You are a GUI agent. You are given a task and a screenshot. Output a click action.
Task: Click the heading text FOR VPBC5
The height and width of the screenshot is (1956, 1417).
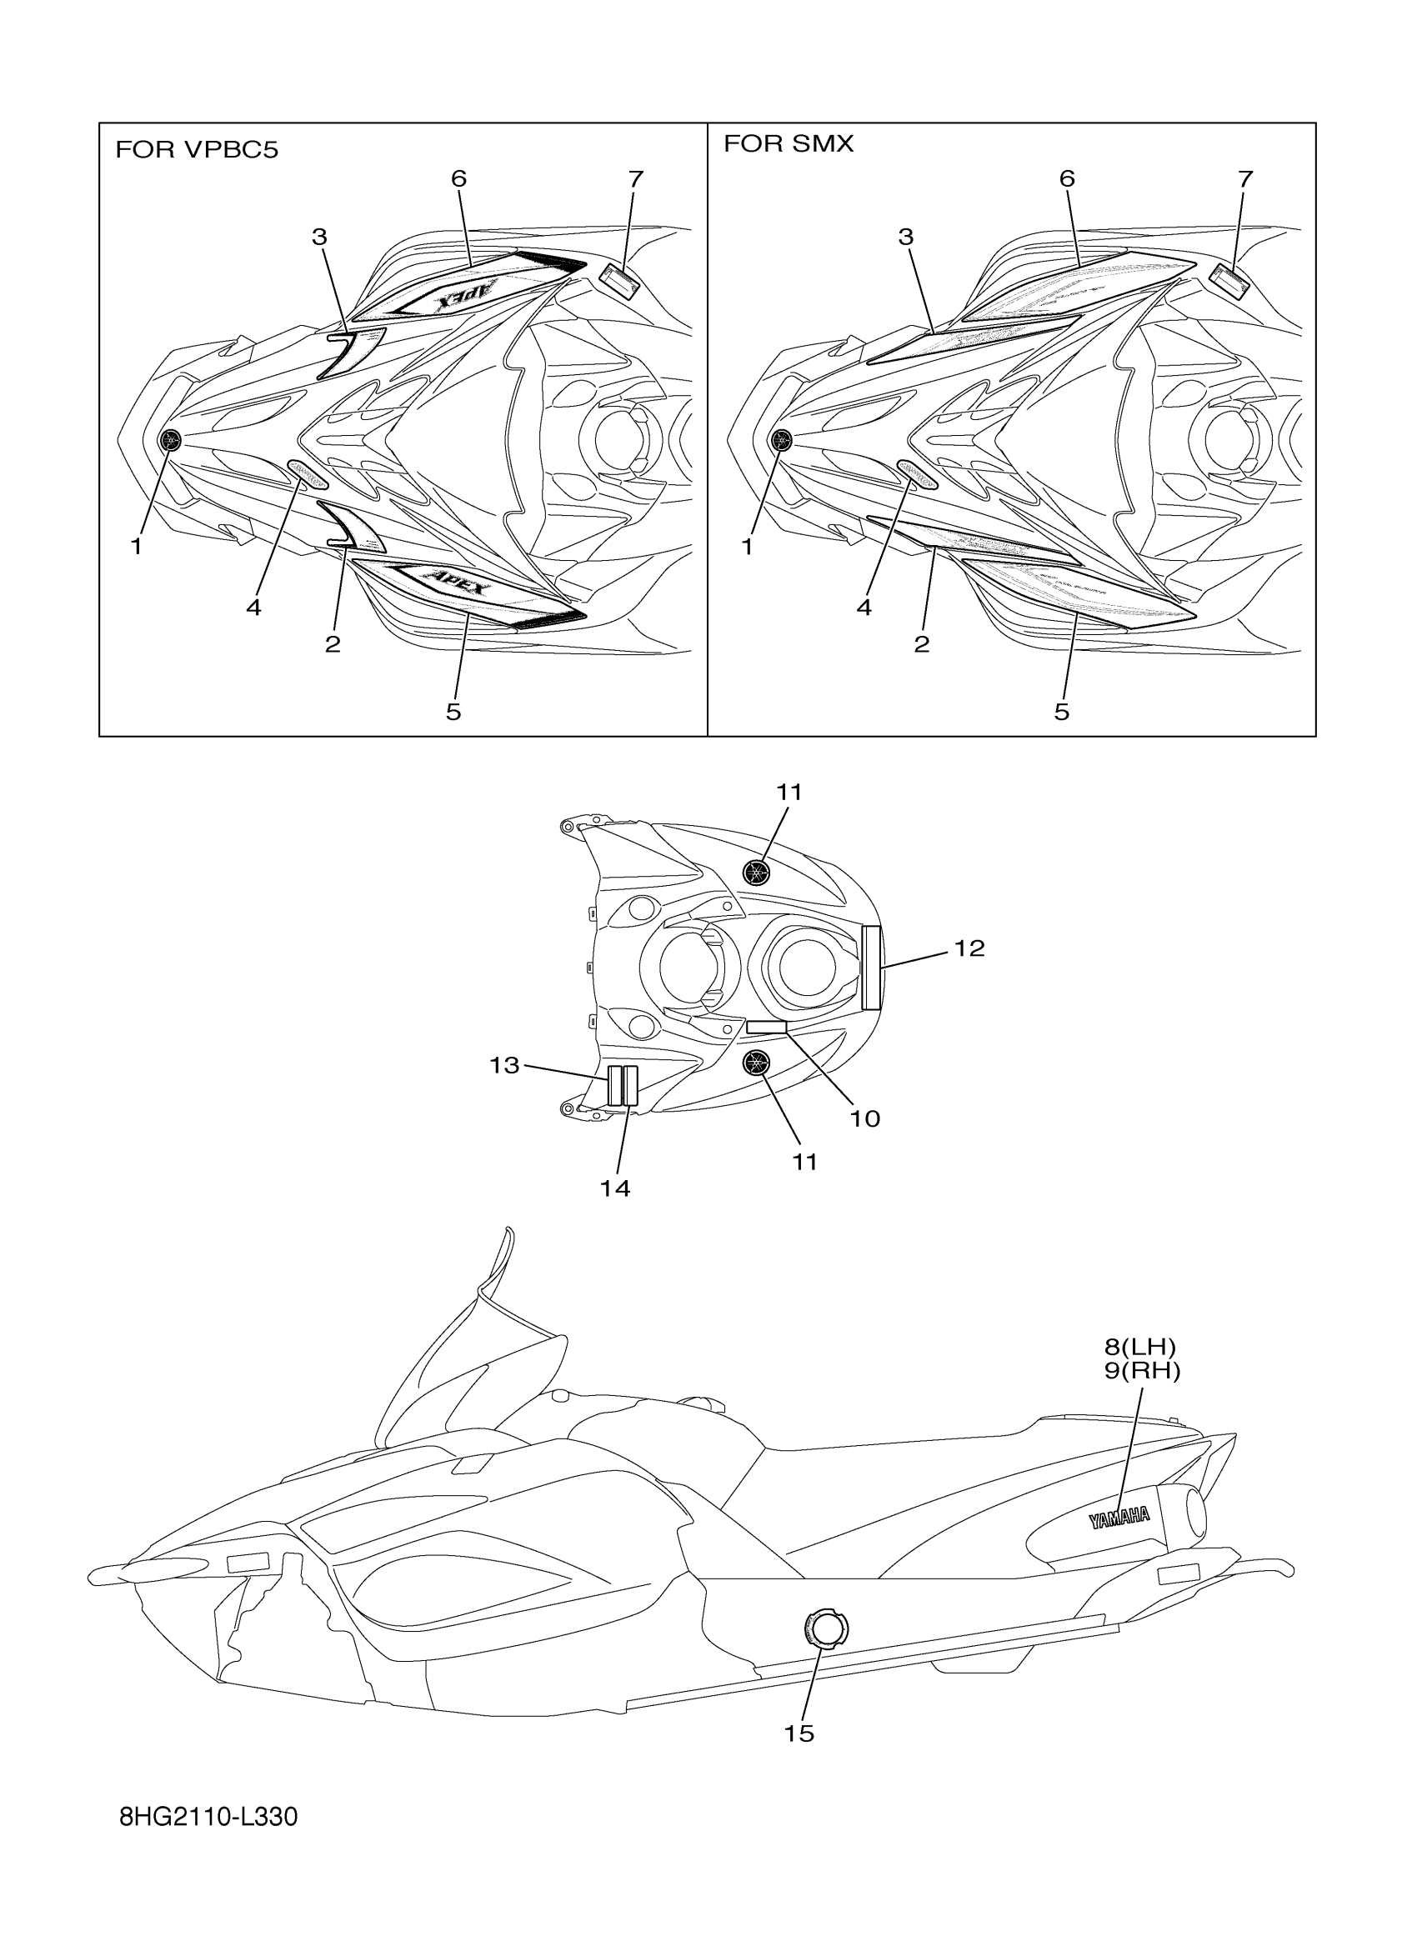[197, 150]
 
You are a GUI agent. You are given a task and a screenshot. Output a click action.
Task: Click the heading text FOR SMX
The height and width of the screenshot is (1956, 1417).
[789, 143]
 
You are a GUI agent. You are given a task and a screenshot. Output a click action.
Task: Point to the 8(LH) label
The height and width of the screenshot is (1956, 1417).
[1141, 1346]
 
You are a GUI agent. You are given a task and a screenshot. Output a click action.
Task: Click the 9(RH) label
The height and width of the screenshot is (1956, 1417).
[1142, 1370]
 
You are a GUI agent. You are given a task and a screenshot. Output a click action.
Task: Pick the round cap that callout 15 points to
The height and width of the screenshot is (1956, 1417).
[827, 1628]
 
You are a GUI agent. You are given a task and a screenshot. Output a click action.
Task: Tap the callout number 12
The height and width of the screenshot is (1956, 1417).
[969, 948]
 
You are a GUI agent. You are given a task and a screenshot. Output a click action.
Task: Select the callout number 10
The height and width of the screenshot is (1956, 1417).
[865, 1118]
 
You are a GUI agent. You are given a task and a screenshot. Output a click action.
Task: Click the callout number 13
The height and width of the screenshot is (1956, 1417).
[504, 1065]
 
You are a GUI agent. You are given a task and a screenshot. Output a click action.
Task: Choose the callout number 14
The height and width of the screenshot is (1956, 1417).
[615, 1188]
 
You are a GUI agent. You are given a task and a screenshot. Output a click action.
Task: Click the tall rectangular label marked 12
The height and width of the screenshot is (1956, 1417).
[871, 966]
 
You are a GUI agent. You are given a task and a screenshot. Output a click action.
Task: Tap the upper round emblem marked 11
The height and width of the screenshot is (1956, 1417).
[756, 872]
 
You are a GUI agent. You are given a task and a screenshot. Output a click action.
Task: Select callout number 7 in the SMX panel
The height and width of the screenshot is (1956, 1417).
[1244, 179]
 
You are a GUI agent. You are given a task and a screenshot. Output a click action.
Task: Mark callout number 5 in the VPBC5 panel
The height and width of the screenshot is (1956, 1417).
[453, 712]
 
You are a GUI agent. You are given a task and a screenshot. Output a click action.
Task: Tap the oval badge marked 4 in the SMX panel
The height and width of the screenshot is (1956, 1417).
[917, 473]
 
